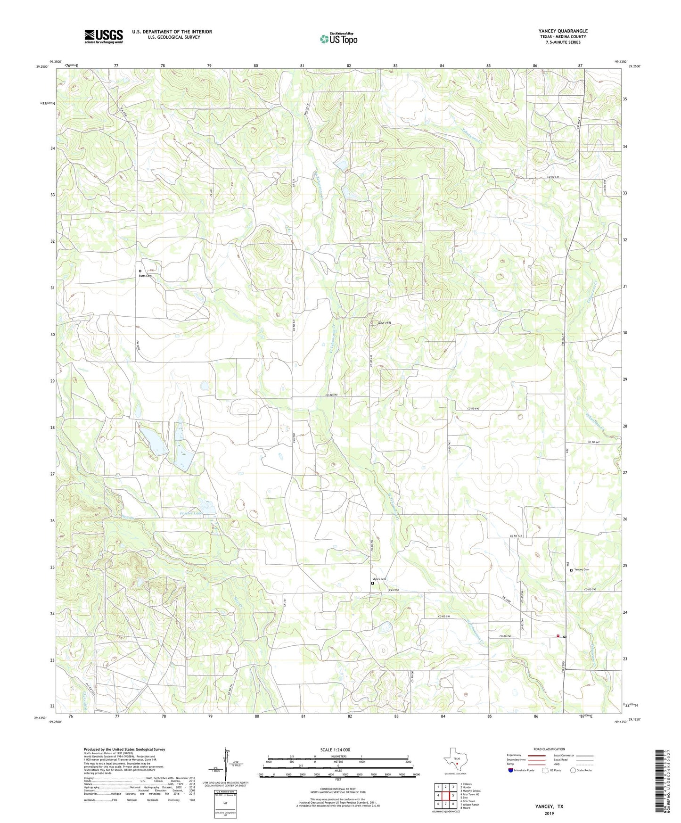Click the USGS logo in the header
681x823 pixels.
click(104, 36)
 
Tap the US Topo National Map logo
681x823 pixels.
click(338, 39)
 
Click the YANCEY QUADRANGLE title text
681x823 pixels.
click(563, 31)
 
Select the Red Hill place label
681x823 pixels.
click(385, 323)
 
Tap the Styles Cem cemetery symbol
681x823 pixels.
click(372, 584)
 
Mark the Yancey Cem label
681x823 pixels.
click(582, 569)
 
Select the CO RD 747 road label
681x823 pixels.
click(591, 590)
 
